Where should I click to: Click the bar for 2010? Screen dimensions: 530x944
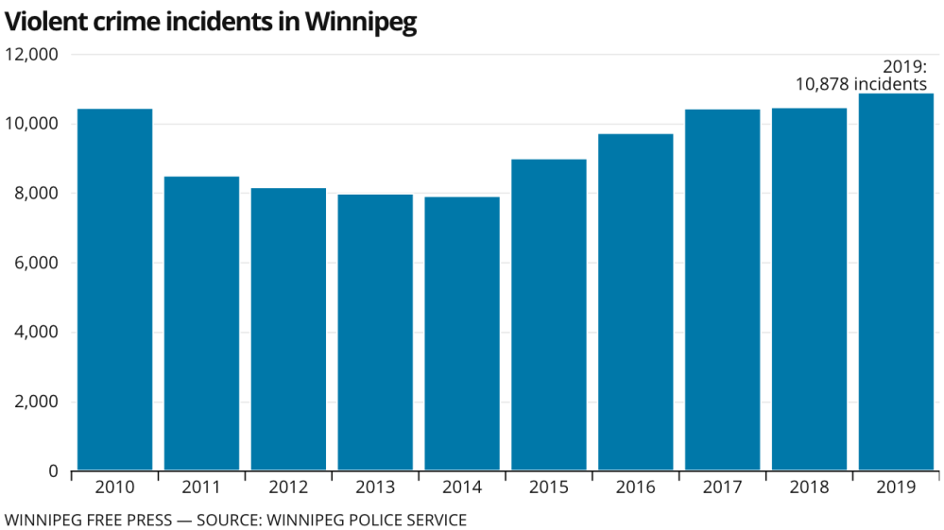click(114, 289)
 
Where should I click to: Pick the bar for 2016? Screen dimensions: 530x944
click(636, 302)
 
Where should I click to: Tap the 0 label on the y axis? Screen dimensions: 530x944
click(54, 471)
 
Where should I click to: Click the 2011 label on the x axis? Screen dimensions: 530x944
click(201, 487)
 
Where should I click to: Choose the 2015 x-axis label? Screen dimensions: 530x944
click(549, 487)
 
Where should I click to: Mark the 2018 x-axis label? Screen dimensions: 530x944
click(810, 487)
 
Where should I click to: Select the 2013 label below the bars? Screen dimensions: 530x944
click(375, 487)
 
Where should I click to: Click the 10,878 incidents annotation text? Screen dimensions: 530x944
click(861, 84)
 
